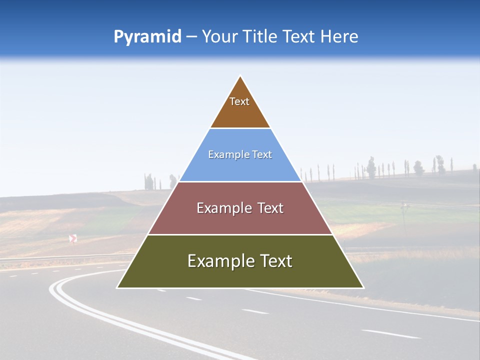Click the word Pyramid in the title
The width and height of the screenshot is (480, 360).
(147, 37)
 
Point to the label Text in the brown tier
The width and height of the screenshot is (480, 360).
(239, 101)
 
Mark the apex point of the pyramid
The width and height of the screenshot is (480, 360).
(240, 76)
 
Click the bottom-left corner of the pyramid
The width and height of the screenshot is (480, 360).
(117, 287)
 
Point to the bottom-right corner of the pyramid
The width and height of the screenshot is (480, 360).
(363, 287)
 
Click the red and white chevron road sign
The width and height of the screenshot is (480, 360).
(73, 238)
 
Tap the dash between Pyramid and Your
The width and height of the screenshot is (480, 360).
(191, 37)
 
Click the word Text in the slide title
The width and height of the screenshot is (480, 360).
(298, 36)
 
